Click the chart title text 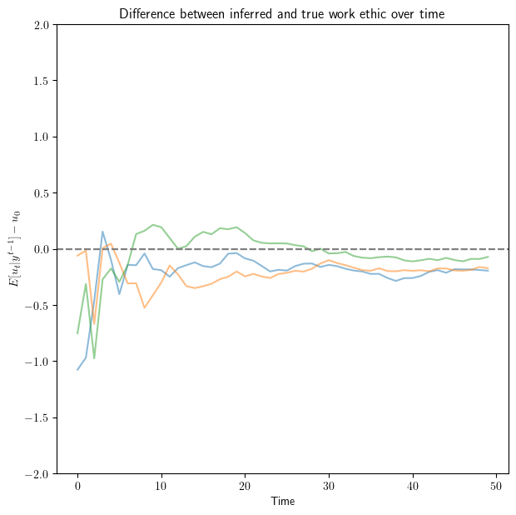click(282, 13)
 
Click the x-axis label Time click(282, 502)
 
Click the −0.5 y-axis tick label click(37, 305)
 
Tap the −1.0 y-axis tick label click(37, 361)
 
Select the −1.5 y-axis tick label click(37, 417)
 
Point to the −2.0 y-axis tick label click(37, 473)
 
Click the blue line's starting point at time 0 click(77, 370)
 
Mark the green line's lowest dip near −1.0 click(94, 358)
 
